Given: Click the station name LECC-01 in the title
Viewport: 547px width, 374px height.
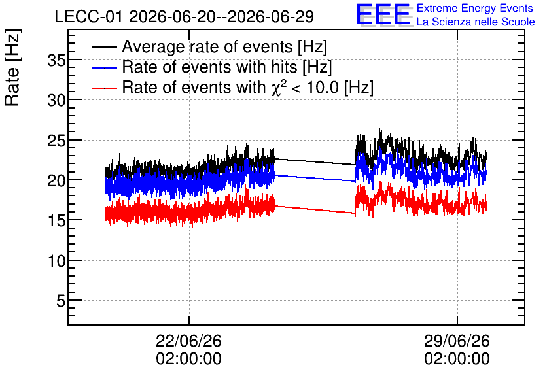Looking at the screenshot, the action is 88,17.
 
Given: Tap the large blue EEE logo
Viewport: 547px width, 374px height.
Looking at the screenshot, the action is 383,15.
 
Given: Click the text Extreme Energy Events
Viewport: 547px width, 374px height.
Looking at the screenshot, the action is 475,8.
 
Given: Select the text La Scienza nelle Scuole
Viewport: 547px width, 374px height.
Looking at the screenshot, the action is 476,22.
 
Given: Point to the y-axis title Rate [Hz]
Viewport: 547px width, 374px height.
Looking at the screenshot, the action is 12,68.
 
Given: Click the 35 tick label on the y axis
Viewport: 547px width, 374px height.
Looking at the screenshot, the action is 56,61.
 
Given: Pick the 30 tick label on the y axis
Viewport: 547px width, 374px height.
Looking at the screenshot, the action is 56,101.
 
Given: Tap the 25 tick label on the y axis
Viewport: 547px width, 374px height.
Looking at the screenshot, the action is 56,141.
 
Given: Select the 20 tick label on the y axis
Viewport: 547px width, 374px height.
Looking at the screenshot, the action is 56,181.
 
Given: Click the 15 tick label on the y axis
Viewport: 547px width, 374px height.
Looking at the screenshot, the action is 56,222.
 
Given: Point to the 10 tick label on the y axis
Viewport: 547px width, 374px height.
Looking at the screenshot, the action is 56,261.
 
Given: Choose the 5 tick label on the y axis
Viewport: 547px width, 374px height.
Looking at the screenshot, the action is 61,301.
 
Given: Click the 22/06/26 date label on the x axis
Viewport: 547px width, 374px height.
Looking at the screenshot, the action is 188,341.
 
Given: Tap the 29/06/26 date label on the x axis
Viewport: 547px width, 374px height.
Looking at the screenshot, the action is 457,341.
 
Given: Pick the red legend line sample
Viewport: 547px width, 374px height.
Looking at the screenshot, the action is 105,88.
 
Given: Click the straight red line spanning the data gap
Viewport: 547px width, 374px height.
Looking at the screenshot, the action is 315,209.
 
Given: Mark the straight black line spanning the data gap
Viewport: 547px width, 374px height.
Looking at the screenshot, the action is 315,161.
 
